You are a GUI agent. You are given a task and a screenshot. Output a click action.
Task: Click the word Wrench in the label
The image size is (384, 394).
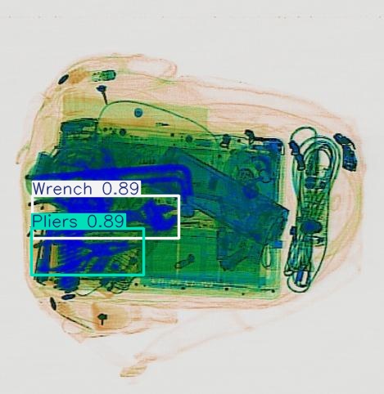pos(63,188)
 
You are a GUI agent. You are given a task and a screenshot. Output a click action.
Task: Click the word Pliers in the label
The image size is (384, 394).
pos(56,221)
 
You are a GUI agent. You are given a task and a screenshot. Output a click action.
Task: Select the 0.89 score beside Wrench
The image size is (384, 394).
pos(120,188)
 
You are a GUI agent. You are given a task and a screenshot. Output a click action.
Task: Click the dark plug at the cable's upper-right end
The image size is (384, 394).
pos(349,153)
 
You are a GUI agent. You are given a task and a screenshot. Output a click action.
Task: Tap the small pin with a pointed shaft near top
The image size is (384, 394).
pos(103,92)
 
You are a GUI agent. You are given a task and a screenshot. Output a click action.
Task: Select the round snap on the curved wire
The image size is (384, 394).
pos(138,112)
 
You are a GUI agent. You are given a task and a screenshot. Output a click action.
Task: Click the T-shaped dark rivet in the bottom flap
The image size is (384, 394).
pos(103,317)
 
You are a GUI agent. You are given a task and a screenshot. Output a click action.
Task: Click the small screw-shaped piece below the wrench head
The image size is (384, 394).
pos(187,261)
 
